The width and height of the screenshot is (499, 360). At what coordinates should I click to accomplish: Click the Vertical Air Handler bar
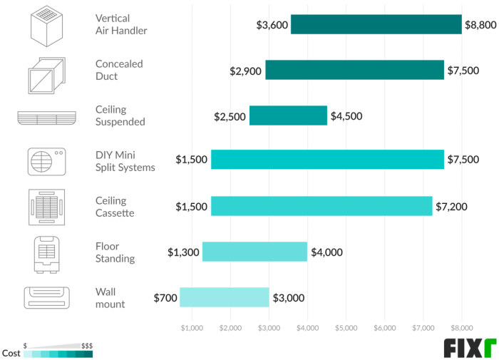(376, 24)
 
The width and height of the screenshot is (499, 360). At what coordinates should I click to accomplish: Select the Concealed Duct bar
(354, 70)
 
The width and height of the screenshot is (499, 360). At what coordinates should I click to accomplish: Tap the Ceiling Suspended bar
(288, 115)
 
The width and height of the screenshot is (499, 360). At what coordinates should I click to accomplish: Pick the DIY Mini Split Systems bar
(327, 160)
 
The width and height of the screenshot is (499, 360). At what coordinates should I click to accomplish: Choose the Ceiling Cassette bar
(321, 206)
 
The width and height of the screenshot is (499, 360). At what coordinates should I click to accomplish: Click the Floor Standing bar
(254, 252)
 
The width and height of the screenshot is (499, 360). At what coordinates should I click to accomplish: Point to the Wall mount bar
(224, 297)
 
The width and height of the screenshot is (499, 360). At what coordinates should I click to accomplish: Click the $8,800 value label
(480, 25)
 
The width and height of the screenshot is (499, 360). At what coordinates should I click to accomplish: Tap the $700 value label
(165, 298)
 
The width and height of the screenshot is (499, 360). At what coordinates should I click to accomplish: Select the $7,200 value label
(451, 207)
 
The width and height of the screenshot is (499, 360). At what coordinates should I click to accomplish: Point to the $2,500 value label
(230, 116)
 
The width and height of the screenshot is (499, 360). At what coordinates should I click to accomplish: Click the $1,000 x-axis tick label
(192, 329)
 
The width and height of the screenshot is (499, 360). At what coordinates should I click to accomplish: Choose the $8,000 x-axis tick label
(461, 329)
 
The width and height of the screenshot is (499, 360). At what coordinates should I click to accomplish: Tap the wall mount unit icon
(46, 297)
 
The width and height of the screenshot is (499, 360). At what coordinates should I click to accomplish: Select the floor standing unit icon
(46, 252)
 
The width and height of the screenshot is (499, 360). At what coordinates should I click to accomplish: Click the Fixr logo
(469, 347)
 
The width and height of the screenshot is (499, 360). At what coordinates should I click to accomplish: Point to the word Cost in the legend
(11, 353)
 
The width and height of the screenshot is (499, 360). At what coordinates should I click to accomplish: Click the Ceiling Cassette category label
(115, 207)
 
